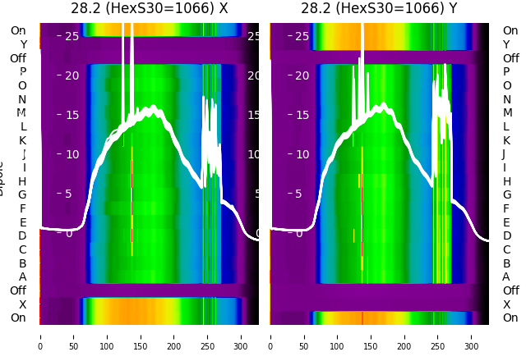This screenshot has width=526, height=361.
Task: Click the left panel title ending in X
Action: [x=149, y=8]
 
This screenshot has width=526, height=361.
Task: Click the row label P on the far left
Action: [x=22, y=72]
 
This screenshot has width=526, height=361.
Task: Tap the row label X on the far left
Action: [x=22, y=304]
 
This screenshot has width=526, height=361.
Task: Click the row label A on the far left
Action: [x=22, y=276]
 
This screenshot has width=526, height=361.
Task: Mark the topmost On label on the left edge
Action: [x=18, y=30]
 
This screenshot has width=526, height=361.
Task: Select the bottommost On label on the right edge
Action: [x=510, y=318]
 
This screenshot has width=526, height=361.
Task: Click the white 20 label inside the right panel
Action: [x=302, y=75]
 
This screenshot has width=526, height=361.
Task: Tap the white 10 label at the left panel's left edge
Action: [x=72, y=154]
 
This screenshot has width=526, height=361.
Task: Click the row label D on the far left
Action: [x=22, y=235]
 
